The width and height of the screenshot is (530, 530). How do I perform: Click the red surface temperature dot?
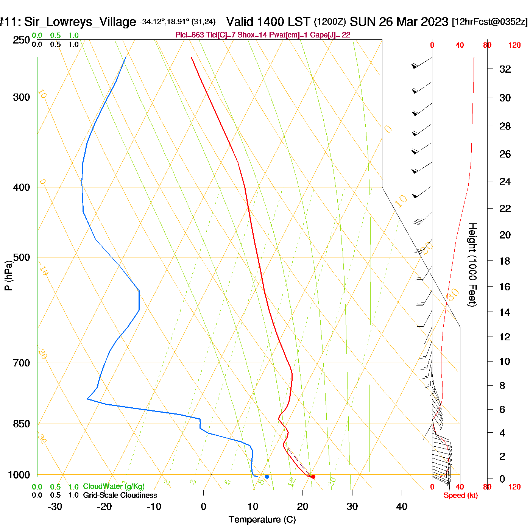(x=313, y=477)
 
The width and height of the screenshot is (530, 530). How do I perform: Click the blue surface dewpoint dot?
(x=267, y=477)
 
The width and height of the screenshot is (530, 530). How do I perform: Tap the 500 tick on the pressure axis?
(x=22, y=257)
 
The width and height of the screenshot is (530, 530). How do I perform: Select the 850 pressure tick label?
(x=22, y=424)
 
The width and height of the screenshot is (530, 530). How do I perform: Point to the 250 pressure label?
(x=22, y=40)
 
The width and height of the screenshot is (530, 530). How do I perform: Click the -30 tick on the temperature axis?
(x=55, y=507)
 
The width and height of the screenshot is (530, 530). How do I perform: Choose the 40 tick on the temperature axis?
(x=402, y=507)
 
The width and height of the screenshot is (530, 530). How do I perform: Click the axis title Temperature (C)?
(x=262, y=520)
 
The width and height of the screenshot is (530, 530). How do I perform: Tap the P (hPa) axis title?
(x=8, y=275)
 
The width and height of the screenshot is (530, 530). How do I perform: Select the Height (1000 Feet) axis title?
(x=472, y=265)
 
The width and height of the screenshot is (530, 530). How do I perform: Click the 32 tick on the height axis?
(x=505, y=69)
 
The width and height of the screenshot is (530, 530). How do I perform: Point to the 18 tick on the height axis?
(x=505, y=261)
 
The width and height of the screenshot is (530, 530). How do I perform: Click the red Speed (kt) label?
(x=461, y=496)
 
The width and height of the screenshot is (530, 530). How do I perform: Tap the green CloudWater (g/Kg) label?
(x=114, y=486)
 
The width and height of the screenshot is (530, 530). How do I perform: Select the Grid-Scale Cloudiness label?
(x=120, y=495)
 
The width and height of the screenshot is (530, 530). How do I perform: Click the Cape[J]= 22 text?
(x=330, y=35)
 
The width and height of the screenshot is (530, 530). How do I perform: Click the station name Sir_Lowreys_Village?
(x=80, y=22)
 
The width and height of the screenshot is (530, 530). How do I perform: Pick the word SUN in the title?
(x=363, y=22)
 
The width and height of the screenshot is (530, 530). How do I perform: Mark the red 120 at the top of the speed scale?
(x=514, y=45)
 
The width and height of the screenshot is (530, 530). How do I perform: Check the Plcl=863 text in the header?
(x=190, y=35)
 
